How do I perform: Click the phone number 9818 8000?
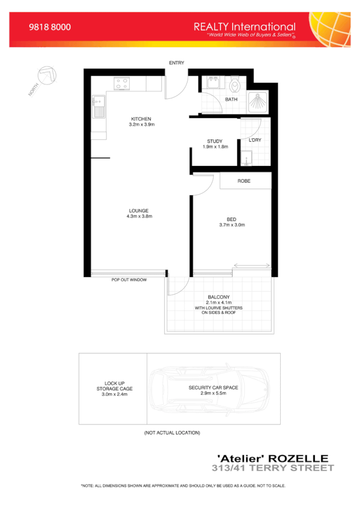pyautogui.click(x=50, y=27)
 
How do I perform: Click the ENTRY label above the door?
pyautogui.click(x=177, y=63)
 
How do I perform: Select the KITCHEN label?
pyautogui.click(x=141, y=119)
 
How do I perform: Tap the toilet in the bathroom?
pyautogui.click(x=234, y=86)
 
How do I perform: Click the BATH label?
pyautogui.click(x=231, y=99)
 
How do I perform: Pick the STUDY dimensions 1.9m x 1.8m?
pyautogui.click(x=215, y=147)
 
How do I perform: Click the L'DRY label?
pyautogui.click(x=254, y=141)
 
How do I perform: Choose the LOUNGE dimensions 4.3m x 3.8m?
pyautogui.click(x=139, y=216)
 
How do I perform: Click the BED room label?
pyautogui.click(x=232, y=219)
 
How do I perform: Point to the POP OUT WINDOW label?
pyautogui.click(x=129, y=280)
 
